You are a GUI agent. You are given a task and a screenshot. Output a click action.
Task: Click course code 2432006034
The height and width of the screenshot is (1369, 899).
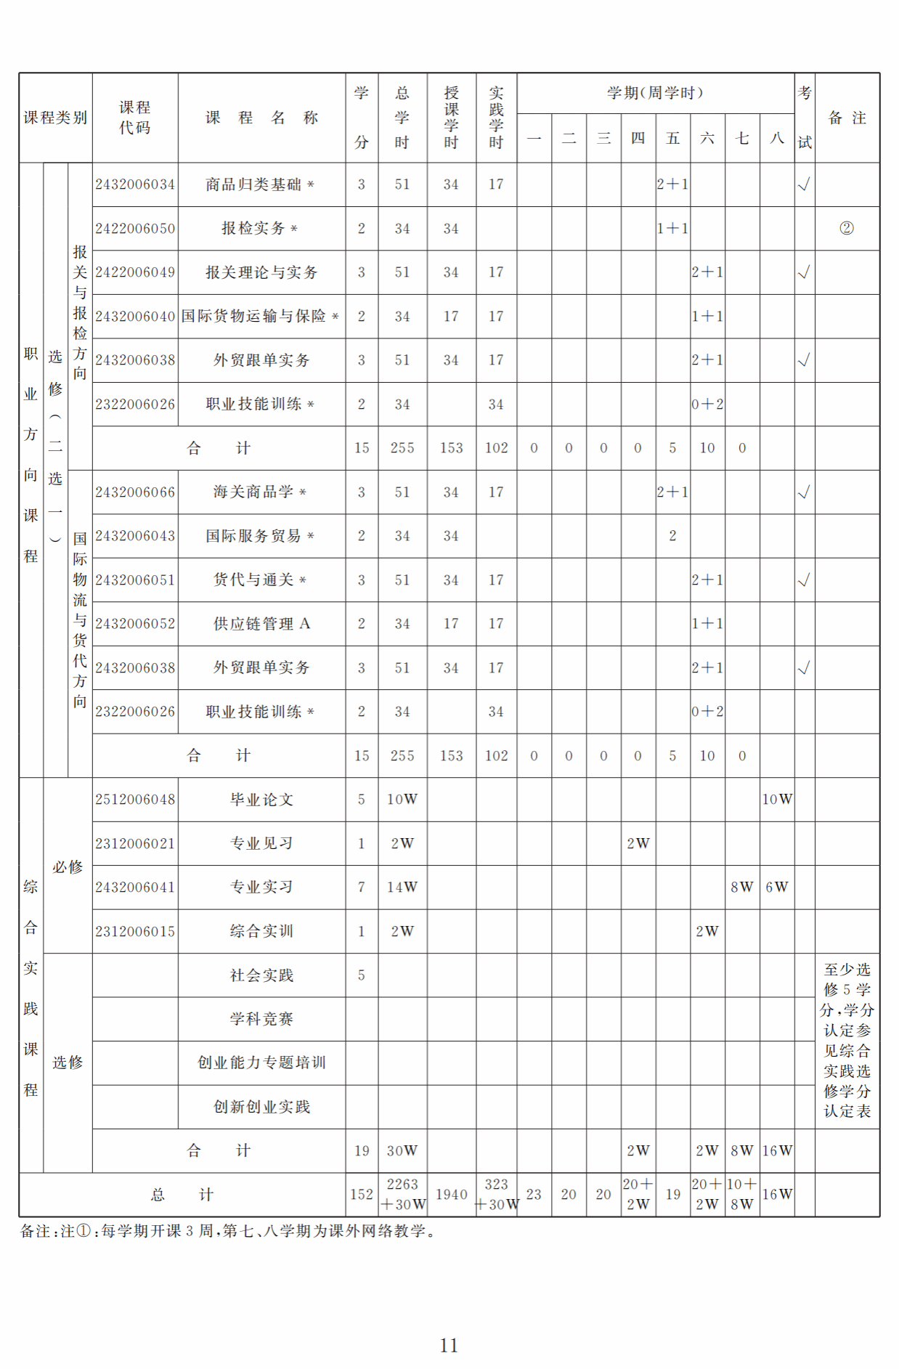point(135,184)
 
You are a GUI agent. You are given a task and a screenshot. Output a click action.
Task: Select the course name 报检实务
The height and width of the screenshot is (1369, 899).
point(253,229)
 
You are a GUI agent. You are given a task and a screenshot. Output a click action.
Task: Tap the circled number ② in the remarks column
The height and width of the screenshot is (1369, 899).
point(846,228)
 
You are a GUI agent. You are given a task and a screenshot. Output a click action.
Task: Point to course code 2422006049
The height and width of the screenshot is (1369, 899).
point(135,272)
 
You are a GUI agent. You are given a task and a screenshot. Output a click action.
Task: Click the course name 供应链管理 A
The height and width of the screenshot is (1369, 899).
point(261,624)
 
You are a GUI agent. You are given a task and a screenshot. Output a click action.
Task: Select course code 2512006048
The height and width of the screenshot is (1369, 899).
point(135,800)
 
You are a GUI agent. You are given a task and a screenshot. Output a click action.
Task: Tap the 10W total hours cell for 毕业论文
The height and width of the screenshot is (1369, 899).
point(402,800)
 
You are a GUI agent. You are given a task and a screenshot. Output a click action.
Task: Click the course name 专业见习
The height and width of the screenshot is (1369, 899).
point(261,844)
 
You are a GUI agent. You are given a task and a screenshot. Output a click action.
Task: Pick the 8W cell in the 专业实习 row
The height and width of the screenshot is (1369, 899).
point(741,887)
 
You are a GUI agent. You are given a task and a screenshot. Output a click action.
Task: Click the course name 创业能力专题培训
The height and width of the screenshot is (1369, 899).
point(261,1063)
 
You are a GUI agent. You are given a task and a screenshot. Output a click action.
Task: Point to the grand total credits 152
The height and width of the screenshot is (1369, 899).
point(362,1195)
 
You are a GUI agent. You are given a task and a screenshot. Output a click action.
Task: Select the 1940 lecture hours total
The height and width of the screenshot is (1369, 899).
point(451,1195)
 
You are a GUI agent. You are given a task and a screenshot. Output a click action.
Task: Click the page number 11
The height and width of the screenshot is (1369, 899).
point(449,1346)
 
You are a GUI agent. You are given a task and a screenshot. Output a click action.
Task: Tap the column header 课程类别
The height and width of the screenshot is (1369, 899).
point(55,118)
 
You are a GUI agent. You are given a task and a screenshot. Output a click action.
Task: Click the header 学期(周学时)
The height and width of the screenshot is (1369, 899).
point(655,93)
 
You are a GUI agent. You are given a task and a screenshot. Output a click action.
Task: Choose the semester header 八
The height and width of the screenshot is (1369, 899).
point(777,138)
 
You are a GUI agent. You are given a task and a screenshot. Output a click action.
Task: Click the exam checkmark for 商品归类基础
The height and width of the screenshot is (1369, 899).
point(804,184)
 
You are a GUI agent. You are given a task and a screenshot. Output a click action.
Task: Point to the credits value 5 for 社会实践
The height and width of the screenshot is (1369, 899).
point(362,975)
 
